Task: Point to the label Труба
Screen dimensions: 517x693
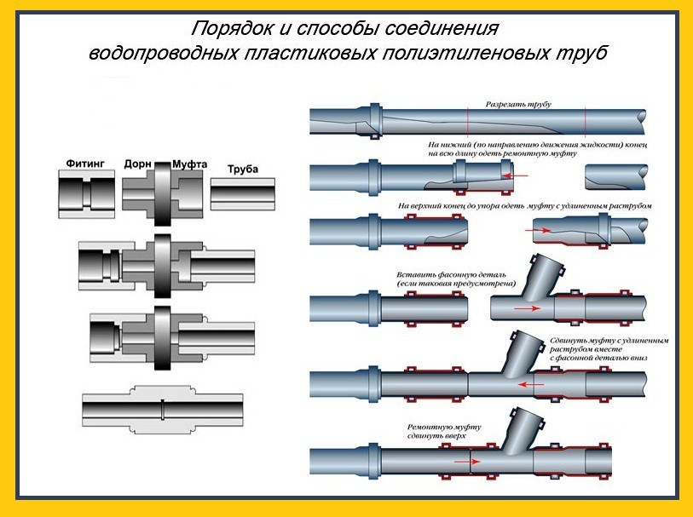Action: [x=242, y=169]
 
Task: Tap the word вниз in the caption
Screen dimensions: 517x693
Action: [x=638, y=358]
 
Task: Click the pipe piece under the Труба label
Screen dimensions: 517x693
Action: [x=243, y=194]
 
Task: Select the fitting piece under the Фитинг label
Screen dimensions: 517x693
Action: [x=85, y=194]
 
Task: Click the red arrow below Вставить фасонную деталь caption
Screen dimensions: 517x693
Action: [x=528, y=307]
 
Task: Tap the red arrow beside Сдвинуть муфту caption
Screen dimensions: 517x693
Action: [x=534, y=383]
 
